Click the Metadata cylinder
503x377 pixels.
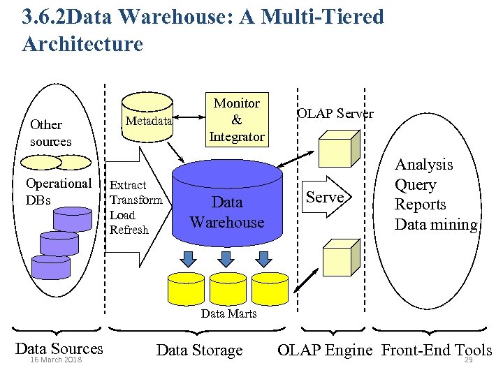tap(148, 120)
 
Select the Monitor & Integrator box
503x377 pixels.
tap(236, 120)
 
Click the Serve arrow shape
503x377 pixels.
tap(327, 198)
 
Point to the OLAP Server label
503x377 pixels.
tap(335, 113)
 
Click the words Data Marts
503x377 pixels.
tap(228, 313)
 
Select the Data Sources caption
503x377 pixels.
tap(59, 348)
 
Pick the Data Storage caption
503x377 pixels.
tap(199, 350)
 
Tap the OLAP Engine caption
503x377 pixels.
tap(325, 350)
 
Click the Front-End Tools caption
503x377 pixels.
tap(437, 350)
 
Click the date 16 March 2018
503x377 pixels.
tap(55, 360)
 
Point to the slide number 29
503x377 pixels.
tap(468, 360)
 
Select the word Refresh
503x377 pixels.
tap(129, 230)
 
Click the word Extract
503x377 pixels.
tap(129, 185)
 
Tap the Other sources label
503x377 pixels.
tap(50, 133)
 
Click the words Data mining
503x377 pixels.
tap(436, 224)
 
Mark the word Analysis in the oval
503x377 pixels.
tap(423, 164)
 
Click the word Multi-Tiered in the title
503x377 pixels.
tap(322, 16)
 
